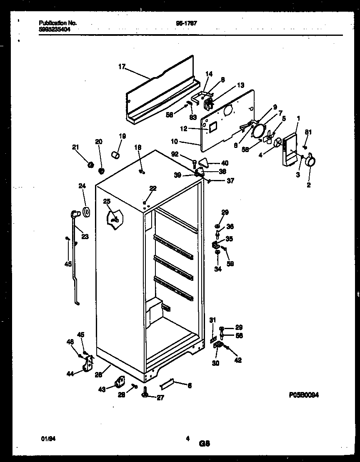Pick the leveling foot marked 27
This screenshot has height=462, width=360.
click(x=145, y=392)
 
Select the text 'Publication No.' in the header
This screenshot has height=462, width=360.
click(x=57, y=24)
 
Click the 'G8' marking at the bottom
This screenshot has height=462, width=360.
click(x=205, y=444)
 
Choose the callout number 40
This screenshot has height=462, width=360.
click(x=225, y=163)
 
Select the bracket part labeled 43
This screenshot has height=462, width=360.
click(x=120, y=382)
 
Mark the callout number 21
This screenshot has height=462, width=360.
click(x=75, y=147)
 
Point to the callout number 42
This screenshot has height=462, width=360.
click(x=238, y=360)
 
